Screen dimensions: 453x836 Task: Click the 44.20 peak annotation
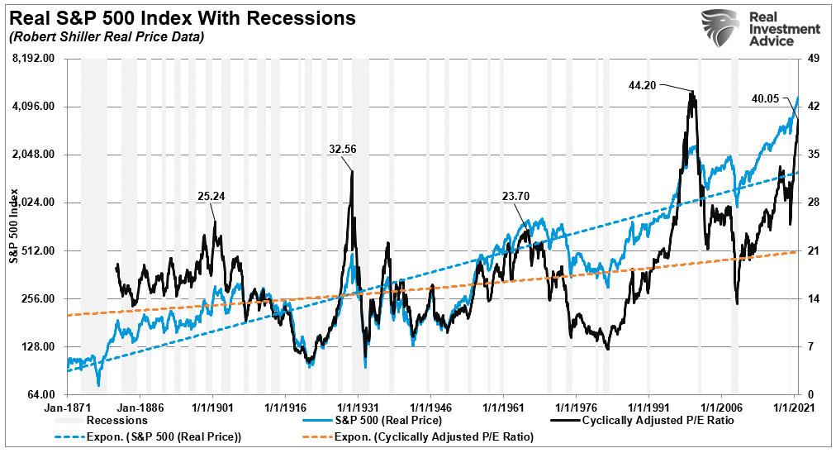tap(642, 84)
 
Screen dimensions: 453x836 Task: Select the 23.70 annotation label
tap(517, 196)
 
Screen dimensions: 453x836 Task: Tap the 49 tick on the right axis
tap(812, 59)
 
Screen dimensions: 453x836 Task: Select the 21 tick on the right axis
tap(812, 250)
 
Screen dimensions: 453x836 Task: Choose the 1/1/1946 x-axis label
tap(431, 408)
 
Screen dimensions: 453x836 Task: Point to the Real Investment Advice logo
tap(761, 30)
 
